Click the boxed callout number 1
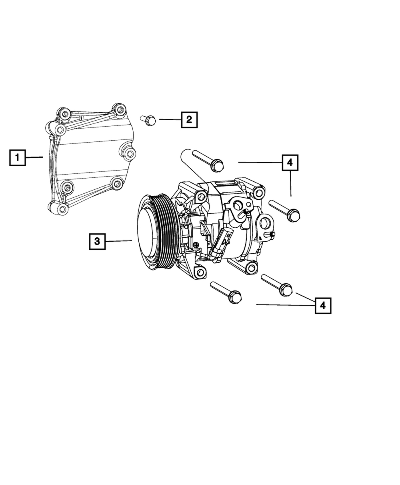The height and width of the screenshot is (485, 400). (18, 158)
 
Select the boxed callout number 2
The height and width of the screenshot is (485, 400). (189, 120)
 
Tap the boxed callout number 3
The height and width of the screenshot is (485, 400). (97, 242)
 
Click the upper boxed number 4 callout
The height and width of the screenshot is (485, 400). (290, 163)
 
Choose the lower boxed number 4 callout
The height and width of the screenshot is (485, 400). (323, 306)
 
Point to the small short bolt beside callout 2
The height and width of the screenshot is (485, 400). (148, 121)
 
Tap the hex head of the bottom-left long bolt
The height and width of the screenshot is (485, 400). (235, 297)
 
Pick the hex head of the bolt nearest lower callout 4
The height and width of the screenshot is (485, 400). (286, 290)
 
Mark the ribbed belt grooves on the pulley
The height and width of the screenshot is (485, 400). (166, 231)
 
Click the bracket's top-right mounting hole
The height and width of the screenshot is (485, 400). (120, 109)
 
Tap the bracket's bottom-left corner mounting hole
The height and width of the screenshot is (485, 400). (62, 209)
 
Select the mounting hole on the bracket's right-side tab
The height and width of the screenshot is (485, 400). (130, 153)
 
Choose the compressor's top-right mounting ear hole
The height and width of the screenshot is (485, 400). (259, 193)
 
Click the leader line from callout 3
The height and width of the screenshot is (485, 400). (119, 241)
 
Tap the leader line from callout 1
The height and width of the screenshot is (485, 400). (34, 157)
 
